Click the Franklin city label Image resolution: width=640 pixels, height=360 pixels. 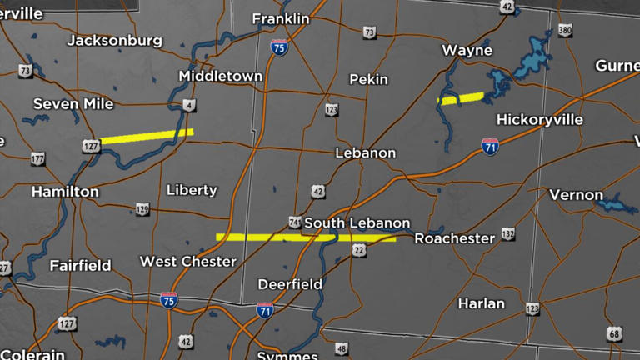(x=280, y=18)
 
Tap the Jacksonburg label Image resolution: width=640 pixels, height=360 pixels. (x=115, y=40)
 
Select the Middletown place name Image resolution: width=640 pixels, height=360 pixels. (x=220, y=76)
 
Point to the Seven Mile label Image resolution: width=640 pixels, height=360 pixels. (x=72, y=103)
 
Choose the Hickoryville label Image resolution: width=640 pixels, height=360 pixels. (x=539, y=119)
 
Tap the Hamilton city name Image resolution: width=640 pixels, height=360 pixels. (x=65, y=192)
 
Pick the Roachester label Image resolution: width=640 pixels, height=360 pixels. (x=454, y=238)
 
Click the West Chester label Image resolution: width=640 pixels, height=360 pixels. (x=187, y=262)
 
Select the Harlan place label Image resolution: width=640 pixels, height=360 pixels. (x=481, y=303)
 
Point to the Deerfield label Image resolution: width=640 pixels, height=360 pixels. (x=290, y=284)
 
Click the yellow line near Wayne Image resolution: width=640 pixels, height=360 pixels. (x=461, y=99)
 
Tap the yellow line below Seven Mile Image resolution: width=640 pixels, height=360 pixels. (x=147, y=136)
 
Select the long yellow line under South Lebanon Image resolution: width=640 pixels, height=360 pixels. (x=305, y=238)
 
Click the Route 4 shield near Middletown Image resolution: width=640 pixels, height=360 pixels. (x=190, y=104)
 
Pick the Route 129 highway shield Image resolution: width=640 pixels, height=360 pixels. (x=142, y=209)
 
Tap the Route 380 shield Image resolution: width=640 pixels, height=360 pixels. (x=565, y=31)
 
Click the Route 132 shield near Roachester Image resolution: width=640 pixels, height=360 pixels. (x=507, y=234)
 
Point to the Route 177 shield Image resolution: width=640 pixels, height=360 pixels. (x=37, y=158)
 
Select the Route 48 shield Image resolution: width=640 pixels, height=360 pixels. (x=342, y=348)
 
